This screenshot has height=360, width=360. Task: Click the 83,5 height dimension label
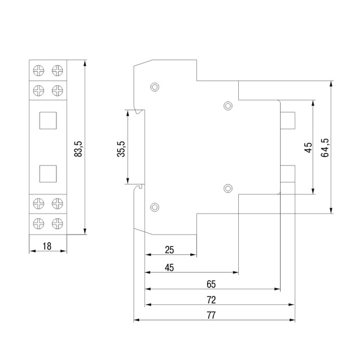(x=78, y=149)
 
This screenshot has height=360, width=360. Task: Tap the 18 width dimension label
(x=47, y=247)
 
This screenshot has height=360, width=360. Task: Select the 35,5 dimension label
(x=121, y=149)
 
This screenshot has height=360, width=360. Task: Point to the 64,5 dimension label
(x=325, y=148)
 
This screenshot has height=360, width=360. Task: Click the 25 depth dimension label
(x=169, y=250)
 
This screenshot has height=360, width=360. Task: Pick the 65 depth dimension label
(x=211, y=284)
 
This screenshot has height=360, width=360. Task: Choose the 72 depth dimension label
(x=211, y=300)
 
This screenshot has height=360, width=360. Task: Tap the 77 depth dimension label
(x=211, y=315)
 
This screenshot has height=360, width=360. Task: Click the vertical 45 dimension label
(x=308, y=148)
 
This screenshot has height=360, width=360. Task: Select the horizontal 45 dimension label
(x=169, y=268)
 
